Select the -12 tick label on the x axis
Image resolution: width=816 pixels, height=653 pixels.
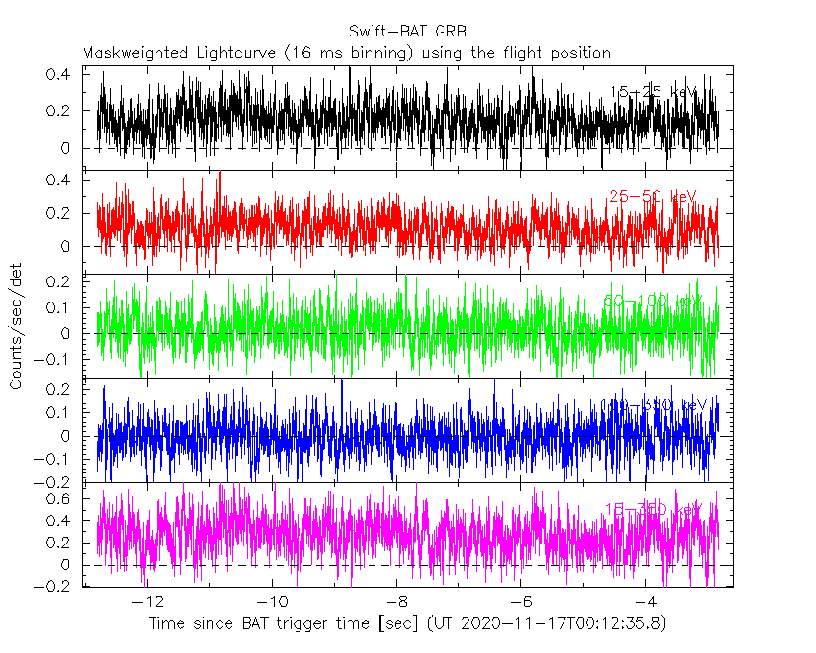[x=148, y=603]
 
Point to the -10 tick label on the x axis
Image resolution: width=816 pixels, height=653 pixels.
[x=273, y=603]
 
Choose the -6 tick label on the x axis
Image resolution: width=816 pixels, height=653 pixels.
[x=521, y=603]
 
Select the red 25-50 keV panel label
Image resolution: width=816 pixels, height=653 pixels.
[x=653, y=197]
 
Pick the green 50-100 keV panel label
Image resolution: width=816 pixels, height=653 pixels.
[x=653, y=302]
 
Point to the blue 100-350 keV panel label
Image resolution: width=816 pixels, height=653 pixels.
[x=653, y=405]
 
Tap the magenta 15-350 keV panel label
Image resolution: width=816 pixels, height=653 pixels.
[x=653, y=509]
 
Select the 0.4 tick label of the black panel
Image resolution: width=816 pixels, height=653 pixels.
[x=60, y=74]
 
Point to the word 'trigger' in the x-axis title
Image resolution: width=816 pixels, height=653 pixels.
[x=300, y=624]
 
